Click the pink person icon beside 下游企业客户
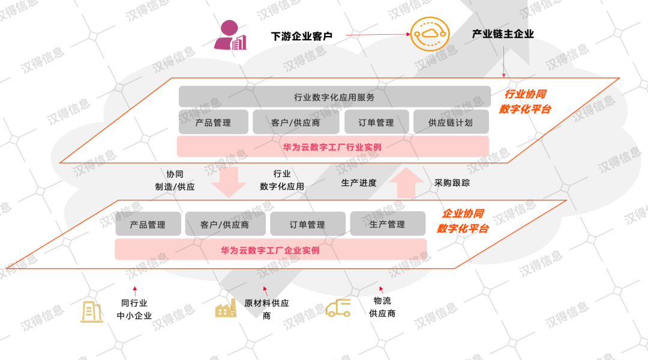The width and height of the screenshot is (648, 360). (230, 35)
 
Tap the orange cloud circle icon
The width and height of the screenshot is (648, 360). (430, 35)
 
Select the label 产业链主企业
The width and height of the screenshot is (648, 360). (503, 34)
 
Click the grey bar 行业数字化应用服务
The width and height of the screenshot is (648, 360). (334, 97)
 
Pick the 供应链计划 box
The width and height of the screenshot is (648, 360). (451, 122)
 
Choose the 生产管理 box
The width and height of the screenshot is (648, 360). (387, 224)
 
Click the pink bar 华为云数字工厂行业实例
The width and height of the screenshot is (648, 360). (332, 146)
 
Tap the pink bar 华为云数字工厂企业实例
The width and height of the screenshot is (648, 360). (271, 250)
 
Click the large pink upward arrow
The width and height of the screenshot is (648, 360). (410, 182)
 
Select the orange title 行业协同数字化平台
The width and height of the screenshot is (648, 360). (525, 101)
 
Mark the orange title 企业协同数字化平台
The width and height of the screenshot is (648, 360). (463, 221)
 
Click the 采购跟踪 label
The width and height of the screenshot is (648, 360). (452, 182)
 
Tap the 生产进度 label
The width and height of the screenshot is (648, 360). (359, 182)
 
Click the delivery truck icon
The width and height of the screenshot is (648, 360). (338, 308)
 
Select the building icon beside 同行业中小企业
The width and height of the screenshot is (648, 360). (92, 311)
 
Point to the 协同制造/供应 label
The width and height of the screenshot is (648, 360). (175, 180)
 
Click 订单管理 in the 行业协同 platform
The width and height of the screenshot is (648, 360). (376, 122)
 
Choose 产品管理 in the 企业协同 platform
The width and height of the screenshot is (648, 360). (148, 224)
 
